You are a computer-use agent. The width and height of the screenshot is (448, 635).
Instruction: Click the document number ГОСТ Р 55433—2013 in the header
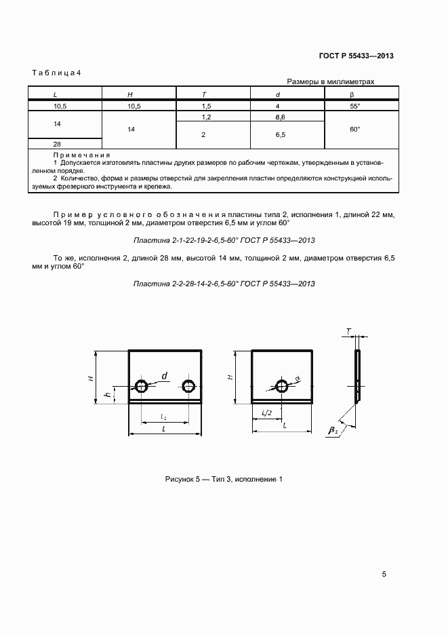[x=357, y=56]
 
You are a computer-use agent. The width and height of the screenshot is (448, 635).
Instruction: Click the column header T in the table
[x=204, y=94]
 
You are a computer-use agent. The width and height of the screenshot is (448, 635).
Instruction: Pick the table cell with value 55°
[x=354, y=106]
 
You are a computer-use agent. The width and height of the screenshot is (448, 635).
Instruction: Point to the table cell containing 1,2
[x=204, y=118]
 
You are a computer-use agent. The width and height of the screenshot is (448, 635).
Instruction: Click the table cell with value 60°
[x=354, y=129]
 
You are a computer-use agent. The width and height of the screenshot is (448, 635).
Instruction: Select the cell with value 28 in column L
[x=56, y=144]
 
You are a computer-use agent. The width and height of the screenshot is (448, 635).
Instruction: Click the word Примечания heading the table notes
[x=62, y=156]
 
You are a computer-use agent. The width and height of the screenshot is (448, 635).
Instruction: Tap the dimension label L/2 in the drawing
[x=266, y=413]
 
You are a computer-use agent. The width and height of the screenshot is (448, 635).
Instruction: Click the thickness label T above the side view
[x=348, y=332]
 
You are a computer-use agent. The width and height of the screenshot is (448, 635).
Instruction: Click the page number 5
[x=384, y=575]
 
